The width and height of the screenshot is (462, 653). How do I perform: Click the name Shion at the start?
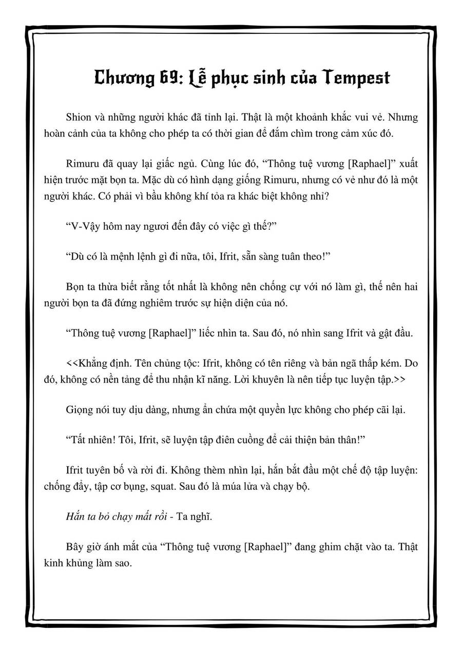(78, 117)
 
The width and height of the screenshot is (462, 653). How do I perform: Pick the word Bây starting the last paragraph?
(75, 546)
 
